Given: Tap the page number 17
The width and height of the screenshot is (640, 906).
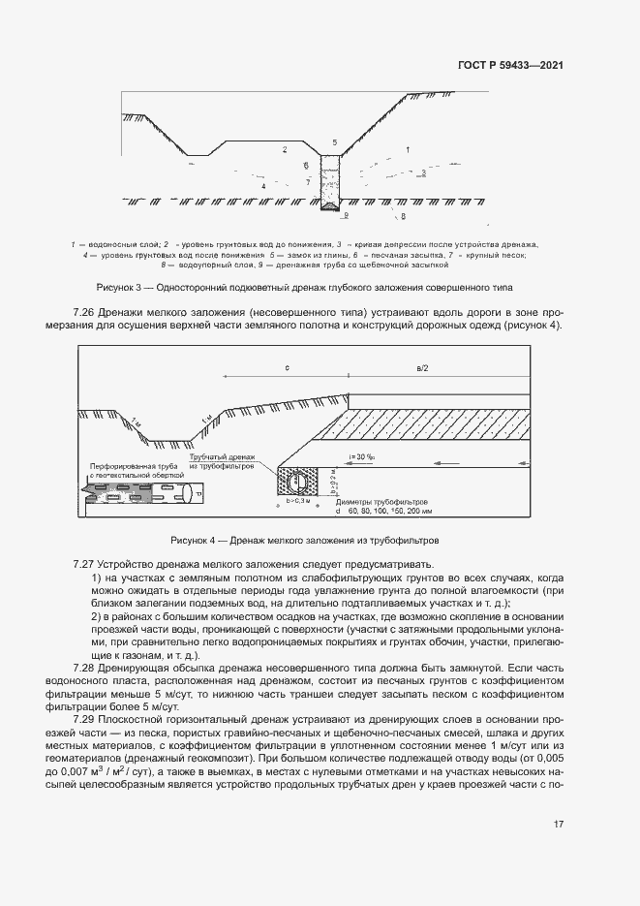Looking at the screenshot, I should point(559,825).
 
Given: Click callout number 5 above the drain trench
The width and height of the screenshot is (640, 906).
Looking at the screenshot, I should point(335,142).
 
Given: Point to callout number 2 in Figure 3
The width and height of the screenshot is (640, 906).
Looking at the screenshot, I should point(285,150).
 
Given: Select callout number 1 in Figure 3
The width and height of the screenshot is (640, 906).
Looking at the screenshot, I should point(408,149).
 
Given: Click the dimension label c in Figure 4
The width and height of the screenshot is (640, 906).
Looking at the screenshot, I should point(288,368).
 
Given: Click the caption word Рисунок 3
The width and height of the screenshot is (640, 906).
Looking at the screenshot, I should point(118,288).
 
